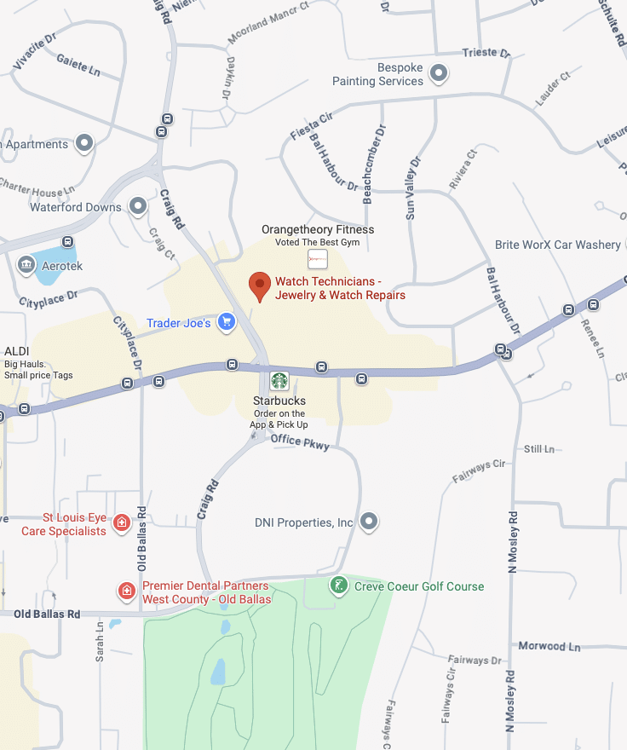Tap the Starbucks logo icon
tap(279, 380)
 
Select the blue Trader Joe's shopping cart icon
tap(226, 321)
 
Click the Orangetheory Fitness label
tap(318, 229)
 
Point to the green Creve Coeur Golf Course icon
tap(339, 586)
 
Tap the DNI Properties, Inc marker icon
tap(369, 522)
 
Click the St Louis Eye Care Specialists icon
tap(122, 522)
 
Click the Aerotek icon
tap(25, 265)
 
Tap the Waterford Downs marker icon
tap(137, 206)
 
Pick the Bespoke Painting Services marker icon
tap(439, 73)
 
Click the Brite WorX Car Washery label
tap(558, 245)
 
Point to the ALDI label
tap(17, 351)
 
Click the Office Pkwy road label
tap(299, 441)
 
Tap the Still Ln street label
tap(538, 448)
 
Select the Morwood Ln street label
tap(549, 646)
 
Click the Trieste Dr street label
tap(486, 53)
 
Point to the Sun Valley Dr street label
tap(413, 188)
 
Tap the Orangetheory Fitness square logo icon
tap(318, 258)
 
